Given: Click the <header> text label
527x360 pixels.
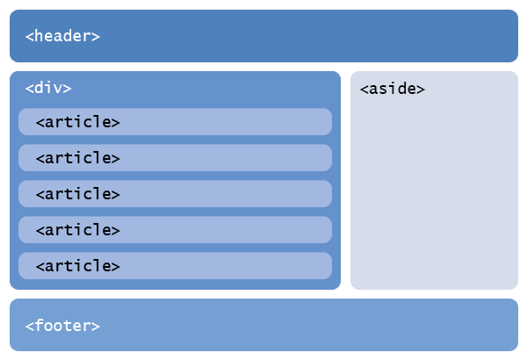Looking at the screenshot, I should pos(62,36).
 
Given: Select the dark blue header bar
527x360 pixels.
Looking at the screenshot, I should pos(307,36).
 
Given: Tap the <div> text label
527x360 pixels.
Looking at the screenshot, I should pos(48,88).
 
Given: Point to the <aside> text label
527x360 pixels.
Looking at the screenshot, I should pos(393,89).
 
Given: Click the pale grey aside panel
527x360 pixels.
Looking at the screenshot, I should pos(434,193).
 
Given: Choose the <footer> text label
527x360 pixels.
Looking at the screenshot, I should pos(62,326).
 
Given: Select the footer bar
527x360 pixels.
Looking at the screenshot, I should pos(307,325).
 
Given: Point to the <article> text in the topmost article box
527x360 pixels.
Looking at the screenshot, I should pos(77,122).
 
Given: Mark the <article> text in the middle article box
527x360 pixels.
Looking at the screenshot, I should pos(77,194).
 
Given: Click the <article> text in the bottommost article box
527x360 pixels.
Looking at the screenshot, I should pos(77,266).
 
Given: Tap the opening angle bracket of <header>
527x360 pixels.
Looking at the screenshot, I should pos(30,37).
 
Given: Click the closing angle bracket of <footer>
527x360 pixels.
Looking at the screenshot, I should pos(96,327).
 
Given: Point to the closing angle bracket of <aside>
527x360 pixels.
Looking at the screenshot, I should pos(422,90).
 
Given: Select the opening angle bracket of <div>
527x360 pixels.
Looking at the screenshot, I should pos(30,89).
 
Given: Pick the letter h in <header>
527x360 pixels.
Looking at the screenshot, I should pos(39,36).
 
